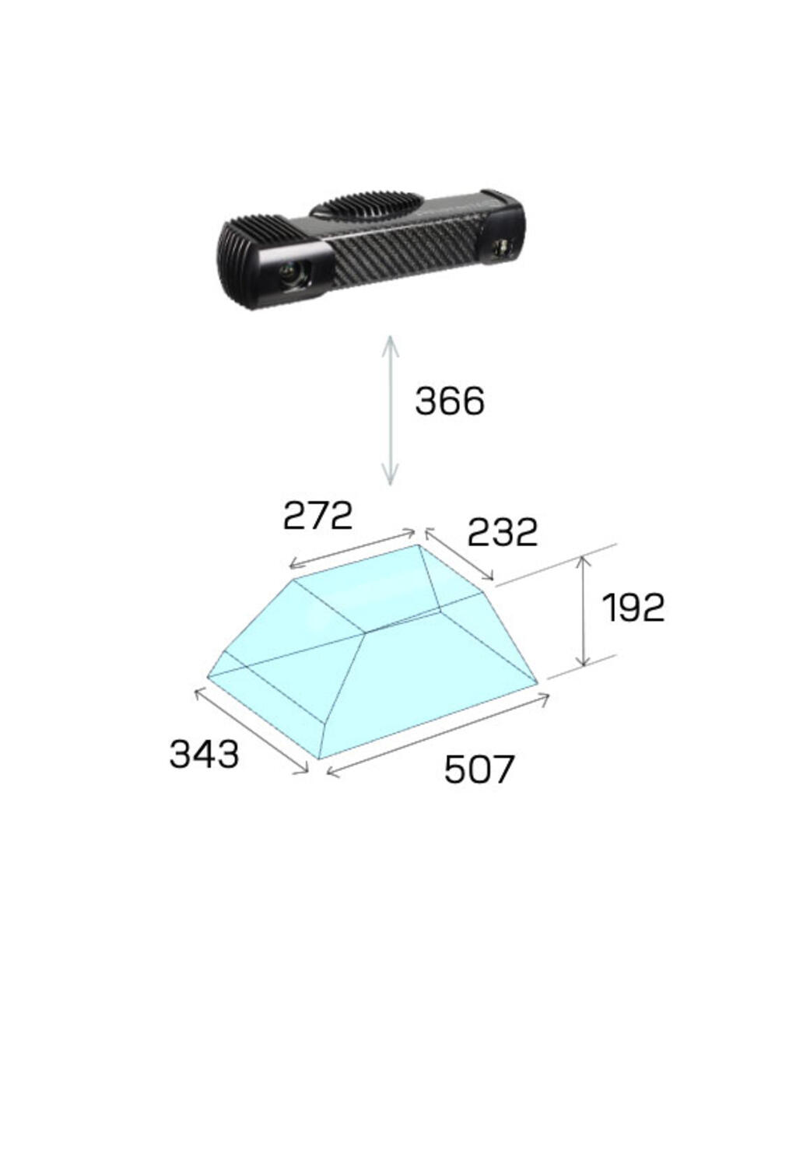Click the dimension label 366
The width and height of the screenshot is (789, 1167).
click(449, 401)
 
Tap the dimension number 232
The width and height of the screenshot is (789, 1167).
click(502, 532)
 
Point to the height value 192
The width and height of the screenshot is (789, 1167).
click(633, 607)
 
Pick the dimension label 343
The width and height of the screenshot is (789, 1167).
click(204, 754)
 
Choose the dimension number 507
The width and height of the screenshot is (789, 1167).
click(479, 769)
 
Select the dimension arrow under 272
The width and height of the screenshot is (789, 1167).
click(352, 548)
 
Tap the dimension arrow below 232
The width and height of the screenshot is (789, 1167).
click(459, 554)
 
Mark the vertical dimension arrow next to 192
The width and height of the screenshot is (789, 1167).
click(584, 611)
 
